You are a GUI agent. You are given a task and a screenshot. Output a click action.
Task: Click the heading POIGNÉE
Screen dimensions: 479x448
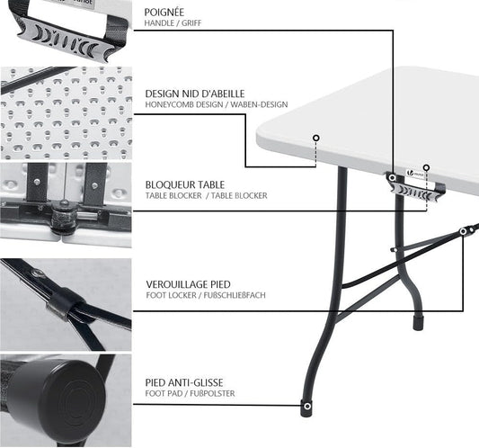164,13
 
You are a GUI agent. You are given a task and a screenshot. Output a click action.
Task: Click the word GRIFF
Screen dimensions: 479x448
191,22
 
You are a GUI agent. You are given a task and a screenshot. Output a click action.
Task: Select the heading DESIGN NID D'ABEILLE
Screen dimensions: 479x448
195,94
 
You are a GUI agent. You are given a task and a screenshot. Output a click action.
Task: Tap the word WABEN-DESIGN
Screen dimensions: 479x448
259,104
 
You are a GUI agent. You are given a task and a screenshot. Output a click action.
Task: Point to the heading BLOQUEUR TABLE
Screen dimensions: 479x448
185,184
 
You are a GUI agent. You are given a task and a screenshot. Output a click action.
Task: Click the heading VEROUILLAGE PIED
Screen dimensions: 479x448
188,284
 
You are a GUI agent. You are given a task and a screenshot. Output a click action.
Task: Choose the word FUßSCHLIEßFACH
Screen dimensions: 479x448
235,295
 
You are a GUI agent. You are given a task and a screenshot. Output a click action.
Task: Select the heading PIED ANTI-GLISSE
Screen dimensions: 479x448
184,382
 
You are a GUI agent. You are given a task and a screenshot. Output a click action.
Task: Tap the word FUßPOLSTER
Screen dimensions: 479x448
212,393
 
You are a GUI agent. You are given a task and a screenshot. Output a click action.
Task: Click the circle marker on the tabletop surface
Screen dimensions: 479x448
316,138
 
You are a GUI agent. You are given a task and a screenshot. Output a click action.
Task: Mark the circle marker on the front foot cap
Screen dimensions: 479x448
307,407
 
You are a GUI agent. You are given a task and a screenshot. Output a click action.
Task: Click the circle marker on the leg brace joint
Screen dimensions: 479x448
464,231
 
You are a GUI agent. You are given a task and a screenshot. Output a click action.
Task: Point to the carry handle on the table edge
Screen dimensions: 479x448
416,191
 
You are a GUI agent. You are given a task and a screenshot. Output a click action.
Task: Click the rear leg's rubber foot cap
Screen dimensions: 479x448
418,323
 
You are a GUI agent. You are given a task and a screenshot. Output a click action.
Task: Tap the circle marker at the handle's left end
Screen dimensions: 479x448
392,177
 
